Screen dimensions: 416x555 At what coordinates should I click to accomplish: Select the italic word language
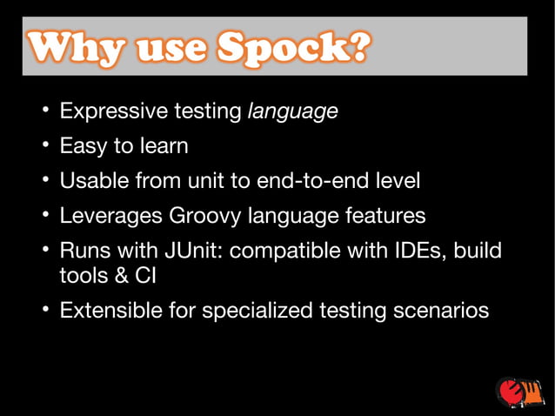pos(293,112)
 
